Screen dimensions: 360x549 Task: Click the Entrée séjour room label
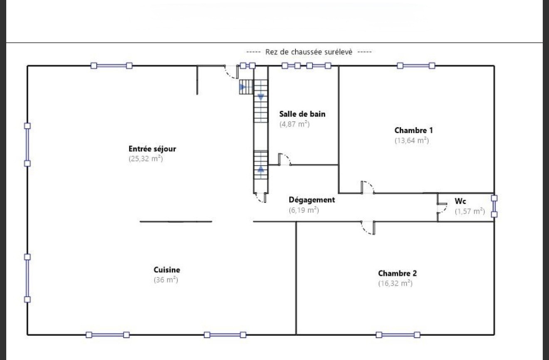pyautogui.click(x=152, y=149)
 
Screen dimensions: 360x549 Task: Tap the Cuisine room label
pyautogui.click(x=167, y=270)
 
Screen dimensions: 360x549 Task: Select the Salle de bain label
pyautogui.click(x=302, y=114)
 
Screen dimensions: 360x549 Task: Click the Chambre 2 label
pyautogui.click(x=397, y=273)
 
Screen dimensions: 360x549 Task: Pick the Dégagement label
pyautogui.click(x=312, y=200)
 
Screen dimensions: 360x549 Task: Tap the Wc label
pyautogui.click(x=460, y=201)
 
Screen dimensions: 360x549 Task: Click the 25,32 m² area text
pyautogui.click(x=146, y=159)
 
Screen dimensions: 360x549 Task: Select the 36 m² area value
pyautogui.click(x=166, y=280)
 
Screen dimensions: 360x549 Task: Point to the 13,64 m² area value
pyautogui.click(x=411, y=140)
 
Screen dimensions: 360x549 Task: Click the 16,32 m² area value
pyautogui.click(x=395, y=283)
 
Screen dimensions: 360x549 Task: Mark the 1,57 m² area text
pyautogui.click(x=470, y=211)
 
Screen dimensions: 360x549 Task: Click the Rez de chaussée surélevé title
pyautogui.click(x=309, y=52)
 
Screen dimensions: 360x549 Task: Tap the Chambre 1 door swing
pyautogui.click(x=367, y=187)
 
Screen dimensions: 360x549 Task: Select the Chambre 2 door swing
pyautogui.click(x=368, y=228)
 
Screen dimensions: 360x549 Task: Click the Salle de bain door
pyautogui.click(x=284, y=159)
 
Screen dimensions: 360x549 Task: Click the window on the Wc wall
pyautogui.click(x=494, y=206)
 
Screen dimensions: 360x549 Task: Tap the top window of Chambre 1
pyautogui.click(x=416, y=65)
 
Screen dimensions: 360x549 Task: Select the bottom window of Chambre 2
pyautogui.click(x=398, y=335)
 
